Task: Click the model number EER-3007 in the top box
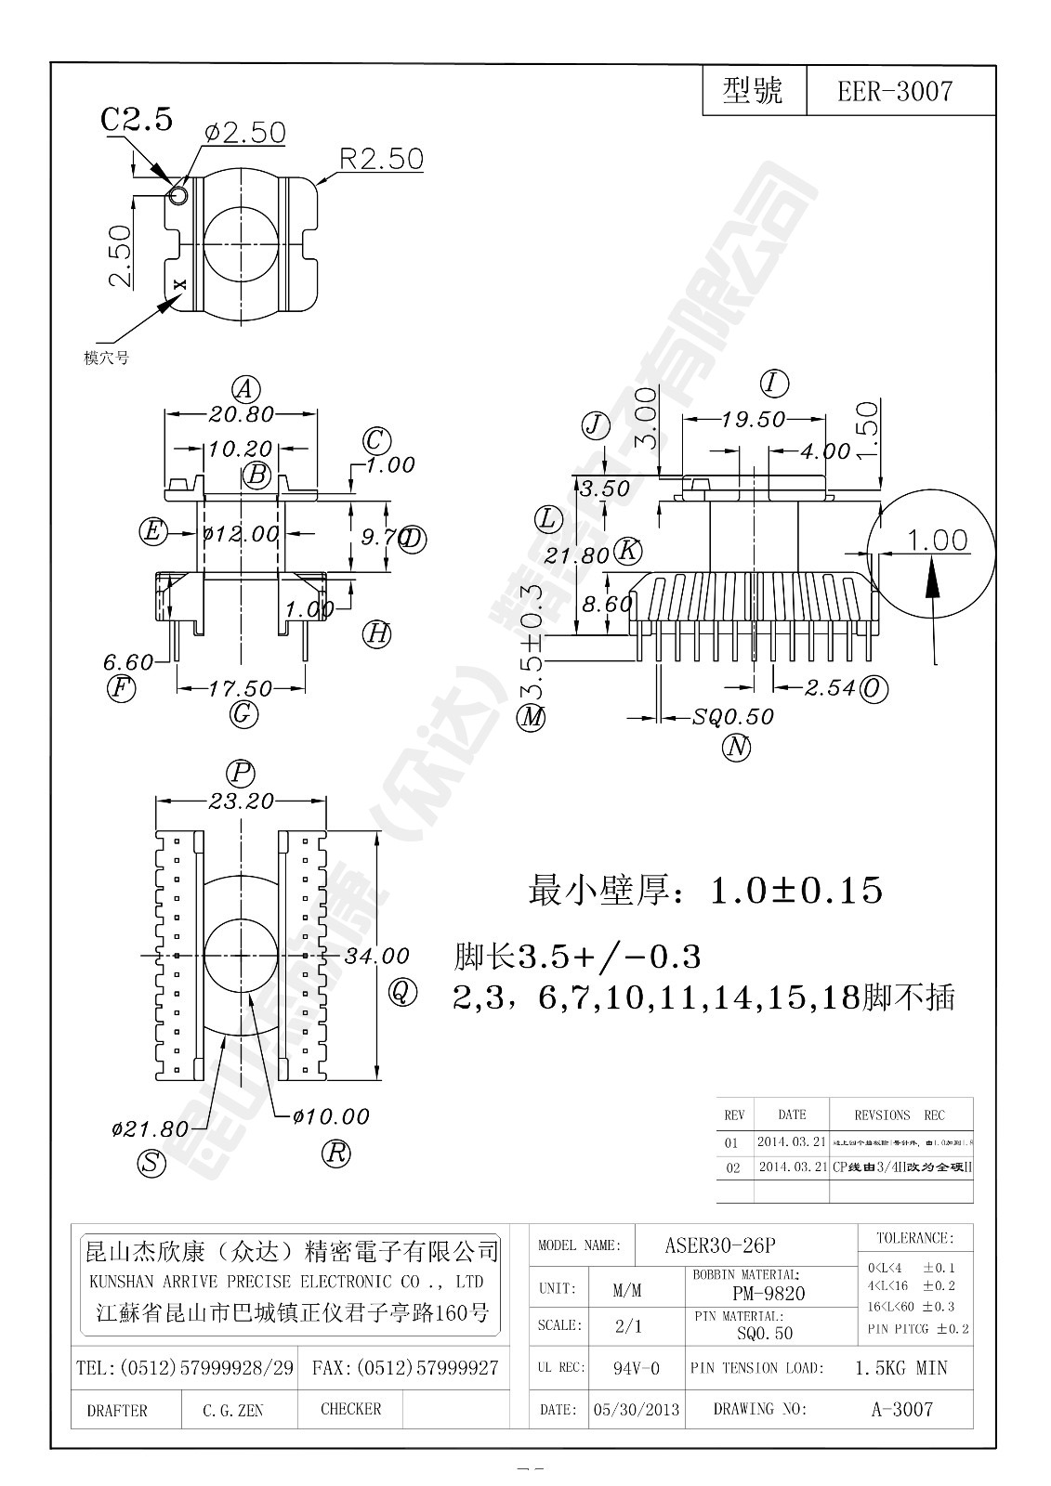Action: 894,91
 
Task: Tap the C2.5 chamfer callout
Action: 137,119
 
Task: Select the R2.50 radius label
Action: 381,158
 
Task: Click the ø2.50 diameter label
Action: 243,133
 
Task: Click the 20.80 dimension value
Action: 242,414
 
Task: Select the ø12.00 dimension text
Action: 241,534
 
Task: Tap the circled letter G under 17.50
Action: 243,714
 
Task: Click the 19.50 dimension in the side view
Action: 753,420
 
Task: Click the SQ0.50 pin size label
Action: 733,717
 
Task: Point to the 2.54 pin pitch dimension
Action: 830,688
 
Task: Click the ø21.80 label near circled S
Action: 150,1129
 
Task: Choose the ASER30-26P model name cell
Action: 720,1245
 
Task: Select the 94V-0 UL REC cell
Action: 637,1368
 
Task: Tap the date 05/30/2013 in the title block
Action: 637,1410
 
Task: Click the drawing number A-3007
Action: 900,1410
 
